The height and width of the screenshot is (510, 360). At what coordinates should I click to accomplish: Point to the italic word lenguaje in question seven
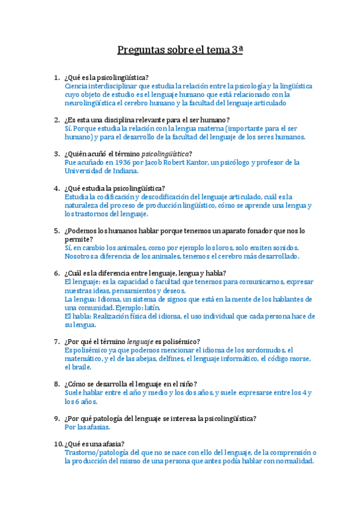[x=140, y=341]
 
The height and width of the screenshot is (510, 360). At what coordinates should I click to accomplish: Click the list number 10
[x=57, y=444]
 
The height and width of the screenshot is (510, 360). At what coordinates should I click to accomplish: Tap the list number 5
[x=57, y=230]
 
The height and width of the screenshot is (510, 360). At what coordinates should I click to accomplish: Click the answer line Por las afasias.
[x=87, y=427]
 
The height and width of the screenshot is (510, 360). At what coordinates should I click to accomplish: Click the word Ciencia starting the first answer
[x=76, y=86]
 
